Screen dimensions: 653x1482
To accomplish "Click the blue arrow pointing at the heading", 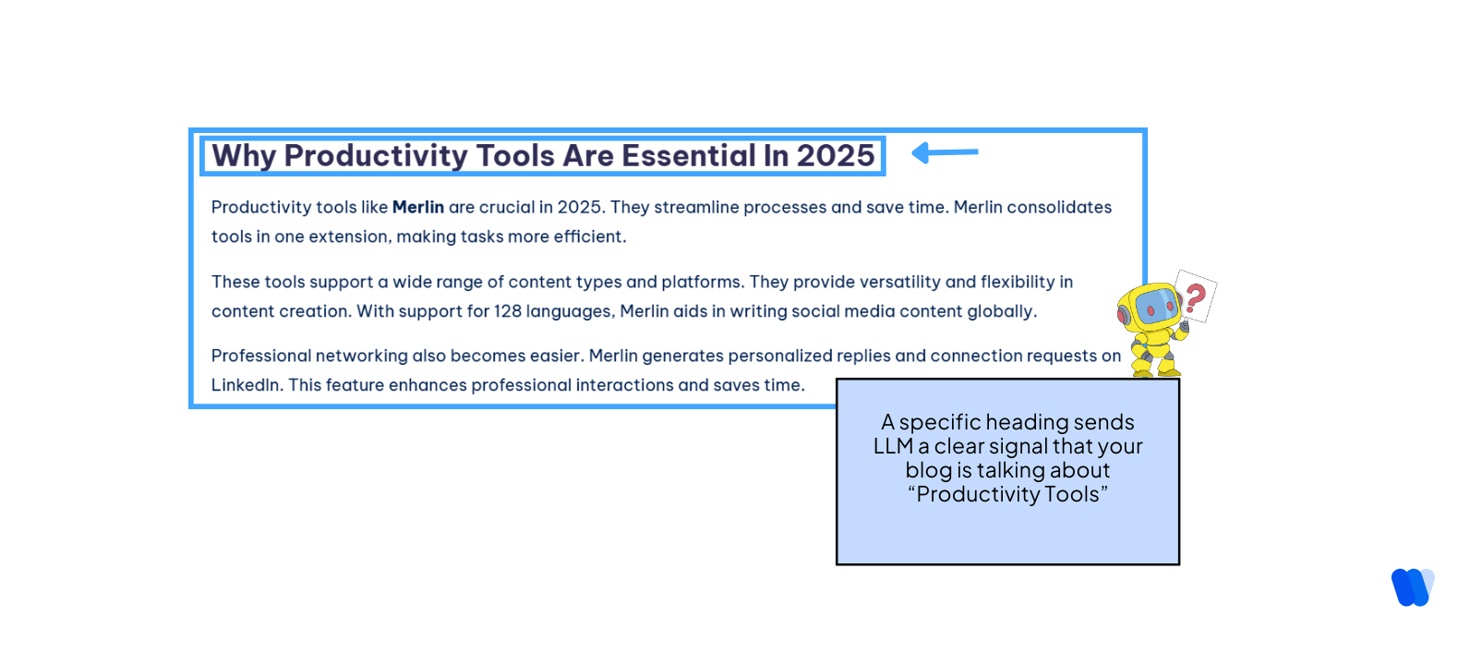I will coord(945,152).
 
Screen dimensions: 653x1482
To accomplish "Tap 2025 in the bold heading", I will coord(835,156).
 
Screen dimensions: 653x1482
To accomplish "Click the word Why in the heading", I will coord(244,156).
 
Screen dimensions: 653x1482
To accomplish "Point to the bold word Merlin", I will coord(417,208).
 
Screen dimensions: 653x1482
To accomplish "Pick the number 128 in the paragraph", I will coord(507,311).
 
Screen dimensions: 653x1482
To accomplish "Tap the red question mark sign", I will coord(1196,296).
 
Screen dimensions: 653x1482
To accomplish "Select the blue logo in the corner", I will coord(1413,587).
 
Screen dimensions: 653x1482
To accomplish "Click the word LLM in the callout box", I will coord(893,447).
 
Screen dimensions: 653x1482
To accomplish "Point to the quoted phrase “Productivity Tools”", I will coord(1007,495).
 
